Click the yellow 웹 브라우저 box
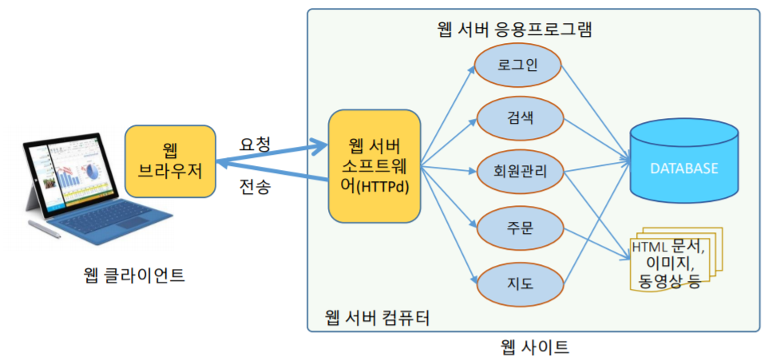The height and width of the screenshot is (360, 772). (x=170, y=160)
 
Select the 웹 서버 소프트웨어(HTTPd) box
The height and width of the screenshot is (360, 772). (x=374, y=167)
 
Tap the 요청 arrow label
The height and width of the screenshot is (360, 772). (x=255, y=144)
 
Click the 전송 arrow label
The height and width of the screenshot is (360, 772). (x=255, y=188)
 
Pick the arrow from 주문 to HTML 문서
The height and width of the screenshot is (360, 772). (x=595, y=243)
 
